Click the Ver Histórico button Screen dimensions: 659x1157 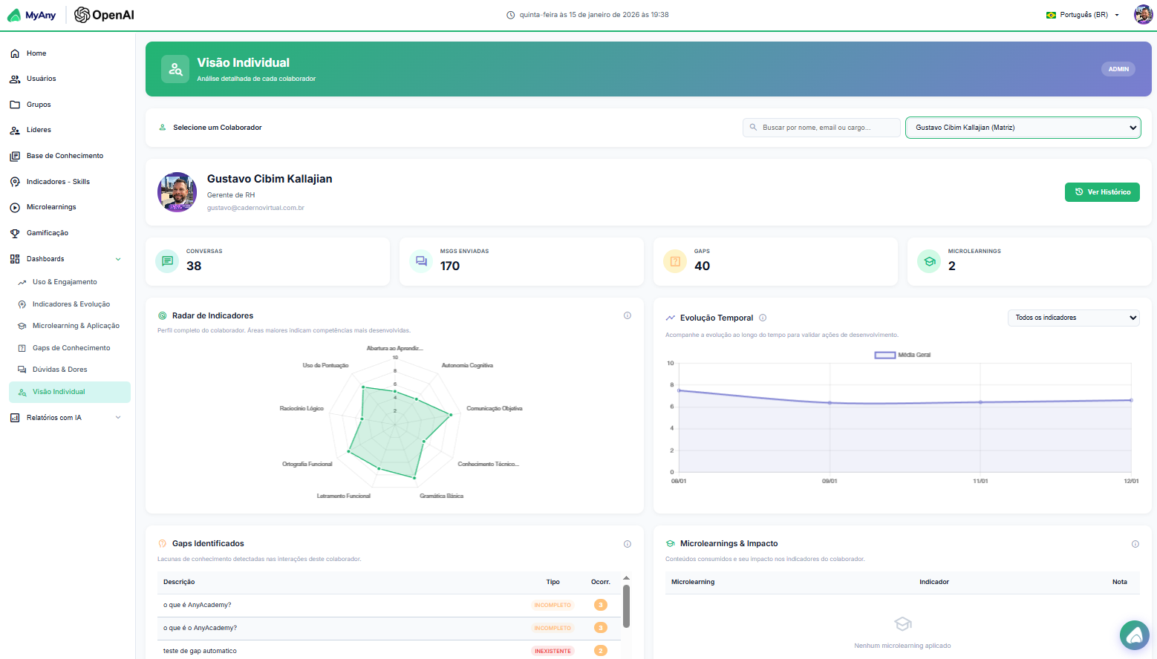click(x=1102, y=192)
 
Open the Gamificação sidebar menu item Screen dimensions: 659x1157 click(x=48, y=233)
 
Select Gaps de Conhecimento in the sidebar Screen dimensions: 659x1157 click(x=71, y=348)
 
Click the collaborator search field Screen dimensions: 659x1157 click(x=821, y=128)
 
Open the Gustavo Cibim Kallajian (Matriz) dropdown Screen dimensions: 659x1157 click(x=1023, y=128)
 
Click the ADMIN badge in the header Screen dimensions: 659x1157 click(x=1118, y=69)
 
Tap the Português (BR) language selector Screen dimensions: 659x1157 click(x=1083, y=15)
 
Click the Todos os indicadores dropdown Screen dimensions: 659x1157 click(x=1073, y=318)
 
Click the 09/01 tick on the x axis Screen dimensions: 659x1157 click(x=830, y=481)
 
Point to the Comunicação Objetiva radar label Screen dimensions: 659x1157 click(x=494, y=408)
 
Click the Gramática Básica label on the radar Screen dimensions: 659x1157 click(x=441, y=496)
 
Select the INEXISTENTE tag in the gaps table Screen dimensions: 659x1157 click(x=553, y=651)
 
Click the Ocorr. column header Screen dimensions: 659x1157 click(x=600, y=582)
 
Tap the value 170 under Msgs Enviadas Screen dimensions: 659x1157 click(x=450, y=266)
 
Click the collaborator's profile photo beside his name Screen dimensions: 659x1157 click(x=177, y=192)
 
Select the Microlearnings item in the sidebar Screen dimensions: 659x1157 click(x=51, y=207)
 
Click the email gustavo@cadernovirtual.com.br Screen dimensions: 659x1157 click(x=255, y=208)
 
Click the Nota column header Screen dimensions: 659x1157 click(x=1119, y=582)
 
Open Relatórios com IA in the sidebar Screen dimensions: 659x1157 click(x=54, y=418)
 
